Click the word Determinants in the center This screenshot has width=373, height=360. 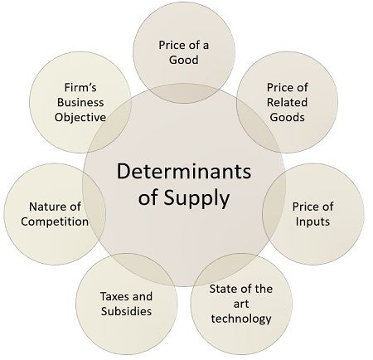pos(184,172)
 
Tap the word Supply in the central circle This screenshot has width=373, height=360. pos(196,199)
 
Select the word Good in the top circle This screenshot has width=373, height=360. pos(184,60)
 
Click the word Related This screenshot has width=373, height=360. pos(287,102)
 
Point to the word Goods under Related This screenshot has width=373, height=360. pos(288,117)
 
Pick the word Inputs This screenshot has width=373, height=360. pos(312,221)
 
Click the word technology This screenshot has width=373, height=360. pos(241,319)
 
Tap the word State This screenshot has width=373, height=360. pos(223,289)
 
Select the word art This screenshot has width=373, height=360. pos(241,304)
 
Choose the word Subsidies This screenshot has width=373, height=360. pos(126,311)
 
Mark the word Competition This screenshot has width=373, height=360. pos(55,221)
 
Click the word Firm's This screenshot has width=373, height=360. pos(80,87)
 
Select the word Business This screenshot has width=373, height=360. pos(80,102)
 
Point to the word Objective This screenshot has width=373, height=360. pos(80,118)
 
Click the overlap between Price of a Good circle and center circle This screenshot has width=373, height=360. pos(184,93)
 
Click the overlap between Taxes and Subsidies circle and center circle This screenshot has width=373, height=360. pos(143,265)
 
